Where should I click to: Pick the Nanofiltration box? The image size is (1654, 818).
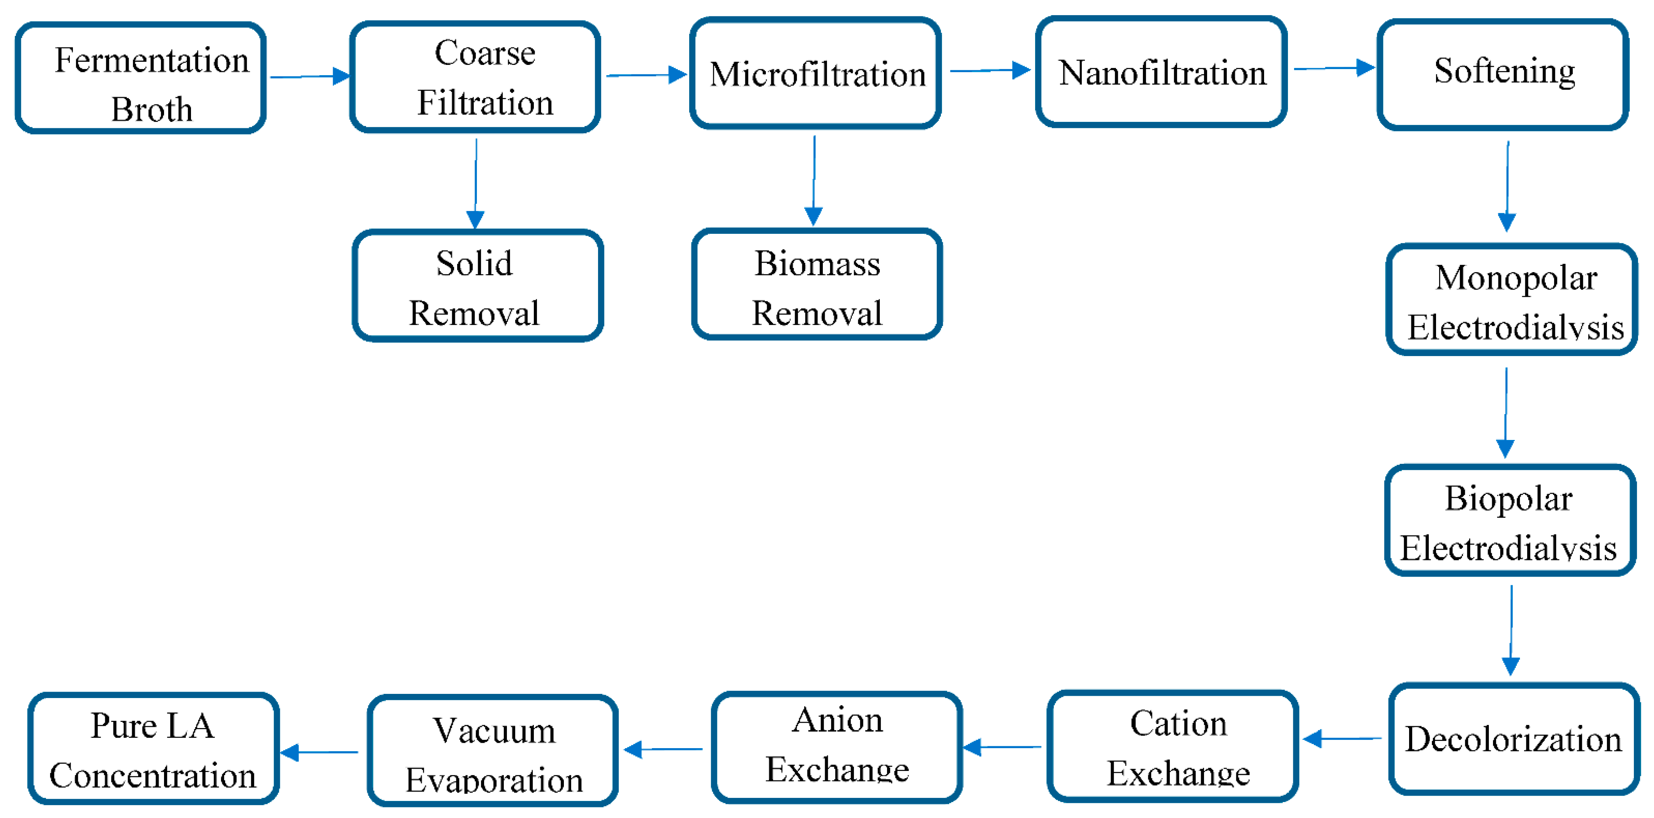pyautogui.click(x=1161, y=72)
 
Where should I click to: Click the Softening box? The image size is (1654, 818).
pyautogui.click(x=1502, y=74)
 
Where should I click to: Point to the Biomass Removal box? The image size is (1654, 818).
pyautogui.click(x=817, y=284)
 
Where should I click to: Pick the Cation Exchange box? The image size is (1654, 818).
pyautogui.click(x=1173, y=746)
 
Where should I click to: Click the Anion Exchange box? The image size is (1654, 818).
pyautogui.click(x=836, y=747)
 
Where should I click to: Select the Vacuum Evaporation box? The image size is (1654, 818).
pyautogui.click(x=492, y=750)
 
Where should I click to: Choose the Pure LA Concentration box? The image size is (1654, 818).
pyautogui.click(x=153, y=749)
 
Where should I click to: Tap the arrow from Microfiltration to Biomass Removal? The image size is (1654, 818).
pyautogui.click(x=814, y=180)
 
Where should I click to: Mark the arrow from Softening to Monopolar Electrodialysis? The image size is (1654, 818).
pyautogui.click(x=1507, y=186)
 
